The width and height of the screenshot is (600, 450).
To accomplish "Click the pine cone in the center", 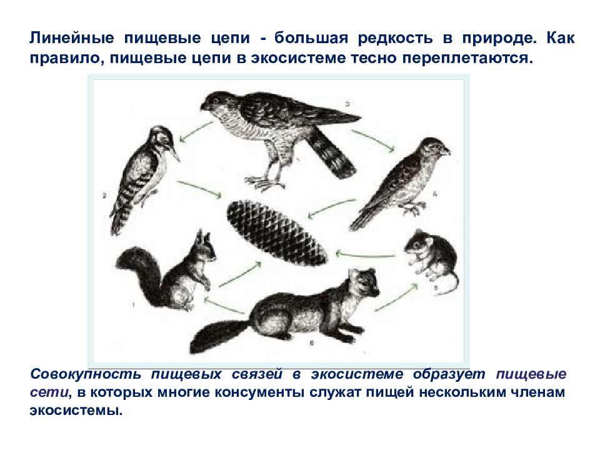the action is tap(277, 233).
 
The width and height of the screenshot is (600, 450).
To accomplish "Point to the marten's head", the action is tap(364, 284).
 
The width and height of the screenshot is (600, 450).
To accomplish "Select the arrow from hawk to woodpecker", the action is tap(196, 132).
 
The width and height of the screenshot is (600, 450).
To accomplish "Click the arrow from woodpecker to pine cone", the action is tap(199, 189).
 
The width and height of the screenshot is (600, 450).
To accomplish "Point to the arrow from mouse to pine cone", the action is tap(365, 254).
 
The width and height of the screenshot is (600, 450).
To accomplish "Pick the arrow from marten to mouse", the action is tap(397, 297).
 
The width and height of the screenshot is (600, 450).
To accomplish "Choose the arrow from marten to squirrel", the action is tap(224, 306).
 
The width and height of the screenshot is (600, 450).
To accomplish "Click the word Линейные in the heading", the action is tap(72, 38).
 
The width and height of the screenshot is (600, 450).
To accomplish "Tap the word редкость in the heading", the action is tap(395, 38).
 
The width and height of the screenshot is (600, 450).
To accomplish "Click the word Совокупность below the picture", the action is tap(86, 374).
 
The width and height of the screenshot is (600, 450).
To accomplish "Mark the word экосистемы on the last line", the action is tap(76, 411).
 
